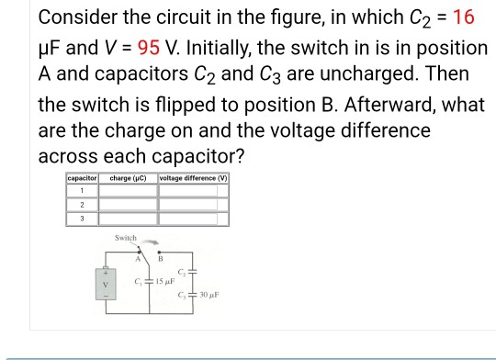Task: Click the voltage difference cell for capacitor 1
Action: point(194,191)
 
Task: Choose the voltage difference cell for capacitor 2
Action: point(194,206)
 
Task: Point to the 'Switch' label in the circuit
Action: point(125,238)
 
